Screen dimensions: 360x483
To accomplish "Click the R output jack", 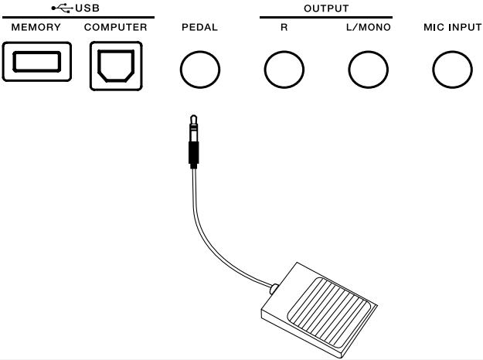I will pos(284,70).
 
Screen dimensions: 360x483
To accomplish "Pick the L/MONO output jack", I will pos(368,70).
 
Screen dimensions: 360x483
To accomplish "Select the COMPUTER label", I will pos(116,27).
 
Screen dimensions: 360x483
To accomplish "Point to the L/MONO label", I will pos(368,27).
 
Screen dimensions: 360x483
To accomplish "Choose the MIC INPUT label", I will pos(452,27).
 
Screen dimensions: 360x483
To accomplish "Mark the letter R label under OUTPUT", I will pos(284,27).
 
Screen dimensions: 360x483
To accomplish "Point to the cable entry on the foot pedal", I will pos(275,290).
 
